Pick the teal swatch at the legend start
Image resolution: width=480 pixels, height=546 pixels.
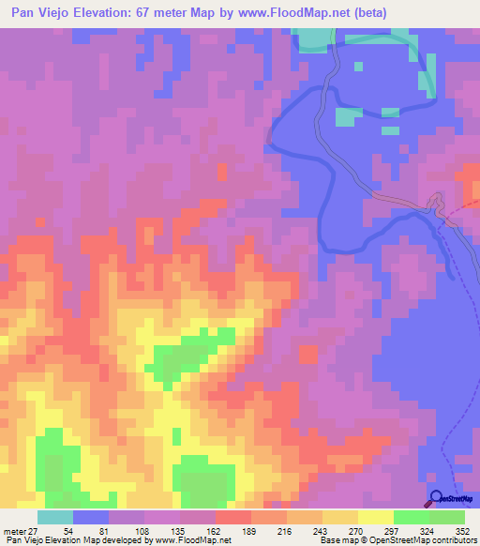(x=55, y=517)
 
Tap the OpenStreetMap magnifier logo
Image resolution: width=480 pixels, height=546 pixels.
(x=437, y=498)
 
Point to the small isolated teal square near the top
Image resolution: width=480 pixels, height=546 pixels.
(x=359, y=66)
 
